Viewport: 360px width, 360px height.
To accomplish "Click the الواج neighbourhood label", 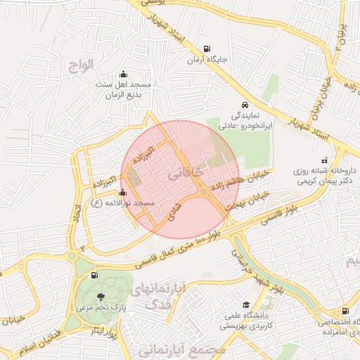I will (x=82, y=66).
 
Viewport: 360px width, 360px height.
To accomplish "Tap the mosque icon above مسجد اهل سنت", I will (x=124, y=75).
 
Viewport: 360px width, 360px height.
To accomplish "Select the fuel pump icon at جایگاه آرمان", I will (x=205, y=49).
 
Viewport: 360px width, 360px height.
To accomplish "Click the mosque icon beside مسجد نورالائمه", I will (x=124, y=193).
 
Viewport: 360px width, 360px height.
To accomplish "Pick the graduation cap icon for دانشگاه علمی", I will (x=246, y=304).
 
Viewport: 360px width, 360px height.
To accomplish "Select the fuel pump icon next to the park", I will (x=95, y=276).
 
